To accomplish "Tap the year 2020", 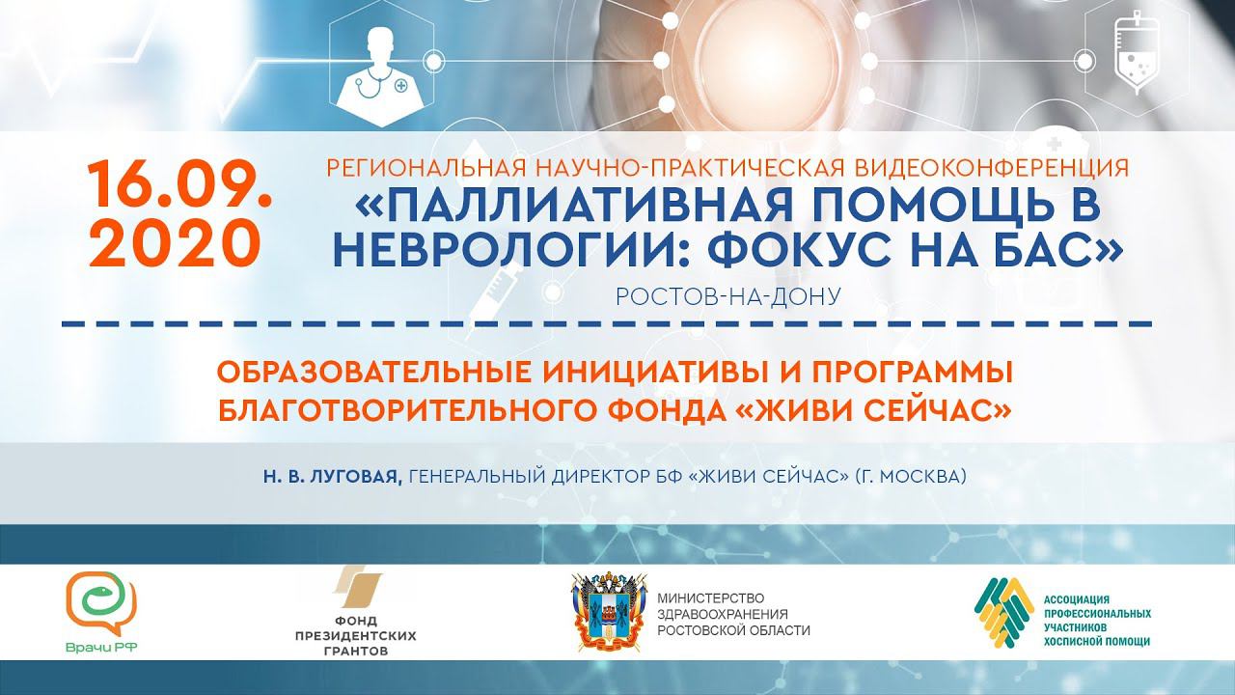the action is (175, 242).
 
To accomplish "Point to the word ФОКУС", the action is (759, 250).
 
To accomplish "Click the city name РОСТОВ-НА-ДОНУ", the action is (727, 296).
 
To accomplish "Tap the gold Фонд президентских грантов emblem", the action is (356, 587).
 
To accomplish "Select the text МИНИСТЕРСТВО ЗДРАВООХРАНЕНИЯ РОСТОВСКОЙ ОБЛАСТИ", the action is (734, 614).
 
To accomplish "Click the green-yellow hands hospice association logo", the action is (1003, 612).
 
